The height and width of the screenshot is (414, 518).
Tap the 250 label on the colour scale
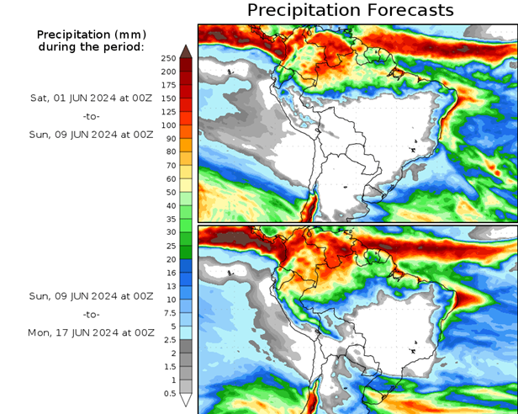coord(167,58)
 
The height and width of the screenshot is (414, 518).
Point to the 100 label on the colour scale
coord(167,125)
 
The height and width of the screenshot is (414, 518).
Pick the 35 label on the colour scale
coord(170,219)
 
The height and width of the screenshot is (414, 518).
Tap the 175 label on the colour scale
coord(167,85)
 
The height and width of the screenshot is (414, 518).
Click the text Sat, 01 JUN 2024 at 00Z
coord(91,98)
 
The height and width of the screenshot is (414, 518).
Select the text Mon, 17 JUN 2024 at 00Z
coord(91,332)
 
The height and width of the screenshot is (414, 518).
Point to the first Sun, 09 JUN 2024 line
coord(91,133)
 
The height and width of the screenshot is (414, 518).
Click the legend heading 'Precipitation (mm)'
coord(91,34)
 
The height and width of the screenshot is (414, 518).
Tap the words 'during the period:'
coord(91,46)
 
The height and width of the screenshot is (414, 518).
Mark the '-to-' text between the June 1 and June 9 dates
coord(91,115)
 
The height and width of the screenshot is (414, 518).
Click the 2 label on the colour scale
coord(172,353)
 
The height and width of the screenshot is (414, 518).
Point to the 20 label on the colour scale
coord(170,259)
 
